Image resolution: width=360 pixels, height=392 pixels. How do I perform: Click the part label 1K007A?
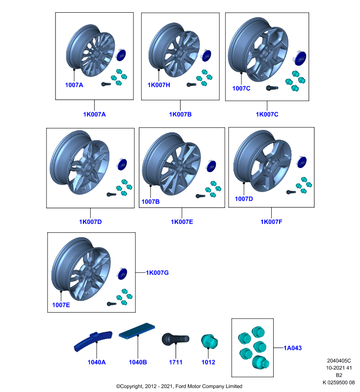point(94,114)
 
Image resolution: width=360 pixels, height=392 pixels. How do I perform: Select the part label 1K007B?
point(180,114)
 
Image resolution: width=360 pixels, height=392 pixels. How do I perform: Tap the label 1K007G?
point(157,272)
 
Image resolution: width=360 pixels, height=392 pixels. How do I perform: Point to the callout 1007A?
point(74,85)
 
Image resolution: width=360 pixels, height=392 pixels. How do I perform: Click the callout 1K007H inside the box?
point(158,85)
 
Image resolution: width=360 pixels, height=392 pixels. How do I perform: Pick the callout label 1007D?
point(244,199)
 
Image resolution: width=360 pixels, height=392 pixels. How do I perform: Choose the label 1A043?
point(292,348)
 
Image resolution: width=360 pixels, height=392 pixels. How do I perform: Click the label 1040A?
point(97,362)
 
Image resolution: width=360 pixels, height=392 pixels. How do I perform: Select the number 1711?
point(176,362)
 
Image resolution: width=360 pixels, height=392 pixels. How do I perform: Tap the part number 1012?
point(208,362)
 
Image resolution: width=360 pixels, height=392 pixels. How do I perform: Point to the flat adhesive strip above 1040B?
point(137,331)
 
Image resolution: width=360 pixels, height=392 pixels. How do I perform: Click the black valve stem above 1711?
point(176,340)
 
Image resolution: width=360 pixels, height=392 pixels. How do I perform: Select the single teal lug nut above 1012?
point(209,342)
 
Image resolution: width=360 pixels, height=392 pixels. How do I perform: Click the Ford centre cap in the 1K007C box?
point(300,58)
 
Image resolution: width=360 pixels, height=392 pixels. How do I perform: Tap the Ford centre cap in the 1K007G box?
point(122,273)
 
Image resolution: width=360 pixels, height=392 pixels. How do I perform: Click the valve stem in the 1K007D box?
point(111,194)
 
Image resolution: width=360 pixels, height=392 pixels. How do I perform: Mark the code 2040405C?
point(339,361)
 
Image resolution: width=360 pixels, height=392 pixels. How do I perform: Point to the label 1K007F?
point(271,222)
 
